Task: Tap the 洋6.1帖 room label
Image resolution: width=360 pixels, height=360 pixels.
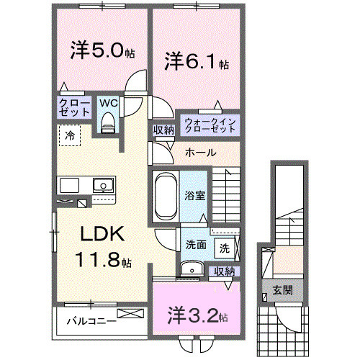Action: [x=197, y=61]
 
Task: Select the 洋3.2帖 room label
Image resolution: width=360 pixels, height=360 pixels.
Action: [x=196, y=316]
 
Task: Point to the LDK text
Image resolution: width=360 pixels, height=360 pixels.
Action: [x=102, y=235]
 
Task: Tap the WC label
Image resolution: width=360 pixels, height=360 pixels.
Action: [x=108, y=104]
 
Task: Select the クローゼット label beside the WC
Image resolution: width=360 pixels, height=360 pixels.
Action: [x=74, y=109]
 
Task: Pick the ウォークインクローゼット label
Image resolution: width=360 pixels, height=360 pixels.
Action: [x=210, y=124]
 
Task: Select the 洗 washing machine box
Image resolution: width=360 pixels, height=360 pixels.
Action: [x=224, y=248]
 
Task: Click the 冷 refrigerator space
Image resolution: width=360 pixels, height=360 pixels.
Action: [x=71, y=135]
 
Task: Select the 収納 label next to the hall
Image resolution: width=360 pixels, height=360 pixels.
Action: [x=163, y=130]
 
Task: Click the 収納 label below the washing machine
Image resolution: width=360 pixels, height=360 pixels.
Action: [x=225, y=271]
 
